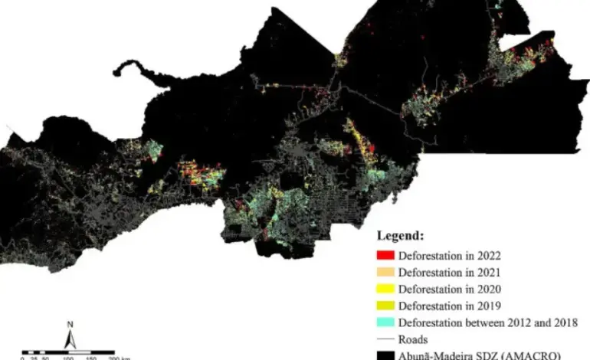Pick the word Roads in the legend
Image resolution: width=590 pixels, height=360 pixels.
[411, 339]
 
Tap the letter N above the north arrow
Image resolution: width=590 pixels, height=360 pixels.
[69, 323]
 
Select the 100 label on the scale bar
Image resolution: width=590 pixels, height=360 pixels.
[67, 357]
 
